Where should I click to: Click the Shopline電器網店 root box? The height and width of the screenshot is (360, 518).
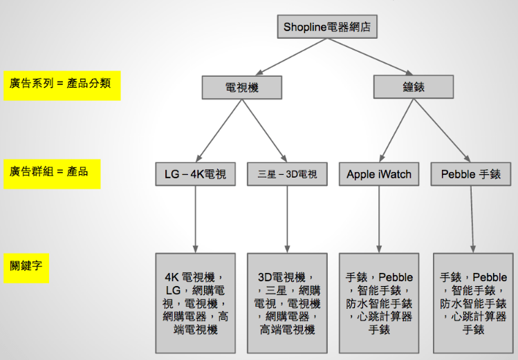tap(327, 27)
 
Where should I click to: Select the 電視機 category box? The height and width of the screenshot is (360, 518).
tap(242, 88)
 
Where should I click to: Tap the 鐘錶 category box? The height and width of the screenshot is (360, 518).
tap(414, 87)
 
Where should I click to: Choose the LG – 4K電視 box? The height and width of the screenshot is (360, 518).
tap(195, 174)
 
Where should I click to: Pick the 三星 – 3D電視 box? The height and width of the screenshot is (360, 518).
tap(287, 174)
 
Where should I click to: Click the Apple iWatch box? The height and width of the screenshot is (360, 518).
tap(379, 174)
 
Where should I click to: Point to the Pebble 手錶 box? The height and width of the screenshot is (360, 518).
tap(471, 174)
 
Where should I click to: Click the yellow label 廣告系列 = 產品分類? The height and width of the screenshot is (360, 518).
tap(62, 86)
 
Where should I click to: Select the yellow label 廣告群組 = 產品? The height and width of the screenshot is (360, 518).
tap(52, 174)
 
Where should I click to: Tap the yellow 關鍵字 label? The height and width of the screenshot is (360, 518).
tap(26, 268)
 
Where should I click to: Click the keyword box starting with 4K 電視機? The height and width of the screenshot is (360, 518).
tap(195, 303)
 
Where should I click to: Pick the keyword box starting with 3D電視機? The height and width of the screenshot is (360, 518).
tap(287, 303)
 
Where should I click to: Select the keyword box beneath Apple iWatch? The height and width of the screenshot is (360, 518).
tap(379, 303)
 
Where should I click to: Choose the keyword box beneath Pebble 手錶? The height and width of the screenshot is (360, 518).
tap(473, 303)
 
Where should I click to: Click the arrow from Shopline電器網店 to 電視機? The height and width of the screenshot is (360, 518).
tap(291, 57)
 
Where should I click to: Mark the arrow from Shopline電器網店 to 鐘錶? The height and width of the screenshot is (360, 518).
tap(370, 57)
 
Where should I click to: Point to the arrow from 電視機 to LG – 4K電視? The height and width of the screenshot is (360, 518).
tap(219, 131)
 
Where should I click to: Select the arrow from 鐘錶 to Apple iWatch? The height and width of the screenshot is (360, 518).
tap(396, 131)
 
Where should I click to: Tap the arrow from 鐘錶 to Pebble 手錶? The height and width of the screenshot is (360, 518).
tap(442, 131)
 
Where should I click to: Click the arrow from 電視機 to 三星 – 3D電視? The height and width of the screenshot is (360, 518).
tap(265, 131)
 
